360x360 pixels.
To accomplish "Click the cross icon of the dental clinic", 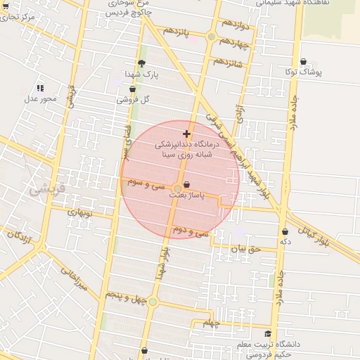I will (x=186, y=134).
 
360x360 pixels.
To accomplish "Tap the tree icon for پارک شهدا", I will (x=141, y=63).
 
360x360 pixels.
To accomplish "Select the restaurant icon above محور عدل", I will (x=40, y=88).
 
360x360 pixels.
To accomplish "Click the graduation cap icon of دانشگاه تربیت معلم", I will (x=267, y=334).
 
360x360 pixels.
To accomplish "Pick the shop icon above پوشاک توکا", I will (x=303, y=62).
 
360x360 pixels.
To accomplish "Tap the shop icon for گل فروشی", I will (x=133, y=89).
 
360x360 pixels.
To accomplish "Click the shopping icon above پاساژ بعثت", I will (x=186, y=186).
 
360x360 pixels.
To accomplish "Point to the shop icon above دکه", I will (x=285, y=231).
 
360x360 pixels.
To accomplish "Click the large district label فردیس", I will (x=47, y=188).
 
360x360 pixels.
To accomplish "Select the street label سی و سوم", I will (x=147, y=184).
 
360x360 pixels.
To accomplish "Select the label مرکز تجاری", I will (x=19, y=16).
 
